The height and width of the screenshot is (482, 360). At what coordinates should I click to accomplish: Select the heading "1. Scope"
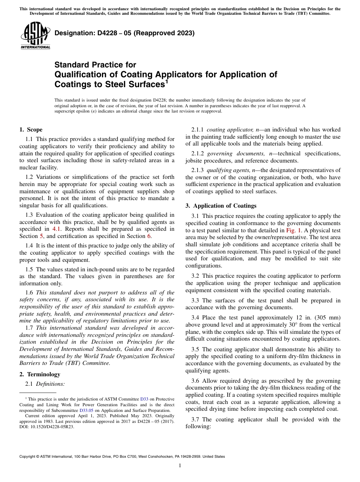pyautogui.click(x=31, y=130)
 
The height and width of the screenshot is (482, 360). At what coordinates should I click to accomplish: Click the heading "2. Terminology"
pyautogui.click(x=40, y=374)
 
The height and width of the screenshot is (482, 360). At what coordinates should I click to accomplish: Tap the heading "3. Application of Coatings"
pyautogui.click(x=221, y=206)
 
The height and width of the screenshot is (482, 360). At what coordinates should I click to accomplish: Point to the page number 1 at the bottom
pyautogui.click(x=180, y=466)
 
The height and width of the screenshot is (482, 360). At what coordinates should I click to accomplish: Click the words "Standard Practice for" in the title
pyautogui.click(x=95, y=65)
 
